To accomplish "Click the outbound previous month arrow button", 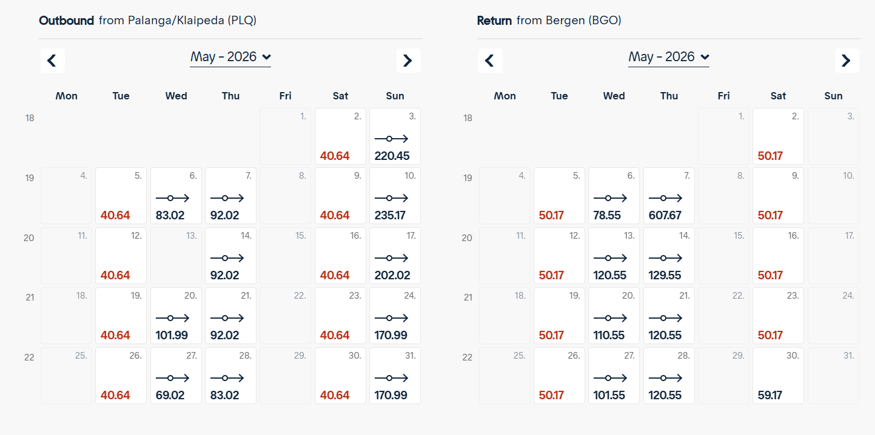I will [x=52, y=61].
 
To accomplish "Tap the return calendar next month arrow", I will [x=847, y=61].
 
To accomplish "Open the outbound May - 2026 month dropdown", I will [x=230, y=57].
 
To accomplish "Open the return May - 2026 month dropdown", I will [x=669, y=57].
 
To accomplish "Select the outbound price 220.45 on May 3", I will [x=392, y=156].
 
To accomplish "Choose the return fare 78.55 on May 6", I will [x=609, y=215].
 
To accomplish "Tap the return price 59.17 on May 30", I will [x=770, y=395].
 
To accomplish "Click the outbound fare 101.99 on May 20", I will [x=172, y=335].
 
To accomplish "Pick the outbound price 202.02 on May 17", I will [x=392, y=275].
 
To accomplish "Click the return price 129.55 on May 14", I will [x=665, y=275].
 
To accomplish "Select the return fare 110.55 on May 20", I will [x=609, y=335].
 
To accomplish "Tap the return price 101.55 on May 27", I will [x=609, y=395].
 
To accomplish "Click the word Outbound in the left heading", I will [x=66, y=21].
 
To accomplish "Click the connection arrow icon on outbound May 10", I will [x=391, y=198].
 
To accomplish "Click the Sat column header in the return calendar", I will [x=778, y=96].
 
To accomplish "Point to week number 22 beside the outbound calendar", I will [x=29, y=357].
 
